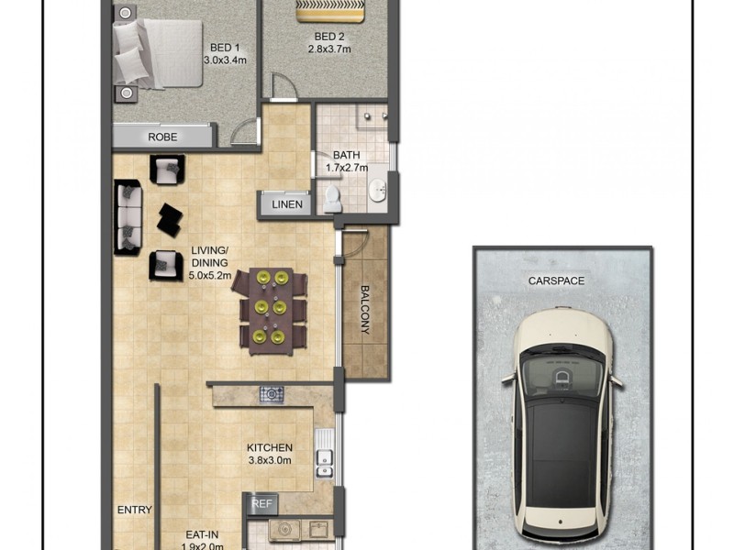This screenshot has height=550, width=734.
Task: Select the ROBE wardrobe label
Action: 162,137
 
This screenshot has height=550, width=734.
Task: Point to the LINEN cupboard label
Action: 286,204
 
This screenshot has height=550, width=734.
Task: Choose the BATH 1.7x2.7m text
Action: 347,161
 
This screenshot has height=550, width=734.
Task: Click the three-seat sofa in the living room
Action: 127,217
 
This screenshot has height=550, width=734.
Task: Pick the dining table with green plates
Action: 271,310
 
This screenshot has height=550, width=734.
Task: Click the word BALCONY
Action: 364,310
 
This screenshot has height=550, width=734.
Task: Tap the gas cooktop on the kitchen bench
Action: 272,394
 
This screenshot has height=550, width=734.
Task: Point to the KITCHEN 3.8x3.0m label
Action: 270,454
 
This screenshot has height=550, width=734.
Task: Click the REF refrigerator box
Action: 262,503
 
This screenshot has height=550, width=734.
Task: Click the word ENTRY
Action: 134,511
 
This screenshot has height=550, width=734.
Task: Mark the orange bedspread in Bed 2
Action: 329,10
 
